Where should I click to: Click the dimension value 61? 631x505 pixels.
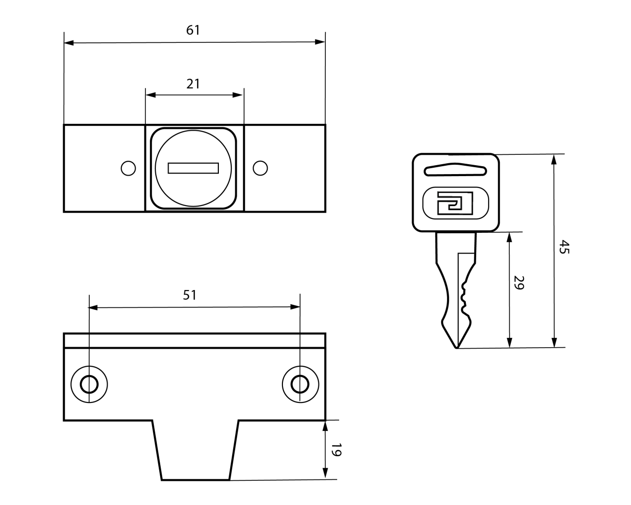click(x=193, y=30)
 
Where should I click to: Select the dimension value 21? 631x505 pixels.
click(x=193, y=83)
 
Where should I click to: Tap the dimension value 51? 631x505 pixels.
click(x=190, y=295)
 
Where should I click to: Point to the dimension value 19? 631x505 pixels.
click(x=336, y=450)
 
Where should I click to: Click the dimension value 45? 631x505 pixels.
click(x=564, y=247)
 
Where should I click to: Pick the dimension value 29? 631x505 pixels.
click(x=518, y=283)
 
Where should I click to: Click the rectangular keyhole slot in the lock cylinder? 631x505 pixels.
click(x=193, y=168)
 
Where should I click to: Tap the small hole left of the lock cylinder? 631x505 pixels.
click(x=128, y=168)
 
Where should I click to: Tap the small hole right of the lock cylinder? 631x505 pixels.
click(x=260, y=168)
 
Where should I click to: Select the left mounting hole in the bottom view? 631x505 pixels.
click(x=89, y=384)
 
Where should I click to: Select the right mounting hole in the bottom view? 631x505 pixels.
click(x=300, y=384)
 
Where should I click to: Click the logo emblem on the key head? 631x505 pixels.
click(x=455, y=202)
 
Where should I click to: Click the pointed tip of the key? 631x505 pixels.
click(x=457, y=347)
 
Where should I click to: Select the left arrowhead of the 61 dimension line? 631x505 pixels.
click(x=69, y=43)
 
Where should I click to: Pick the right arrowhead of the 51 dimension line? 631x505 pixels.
click(x=296, y=307)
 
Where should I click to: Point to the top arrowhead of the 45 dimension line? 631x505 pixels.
click(x=555, y=159)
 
